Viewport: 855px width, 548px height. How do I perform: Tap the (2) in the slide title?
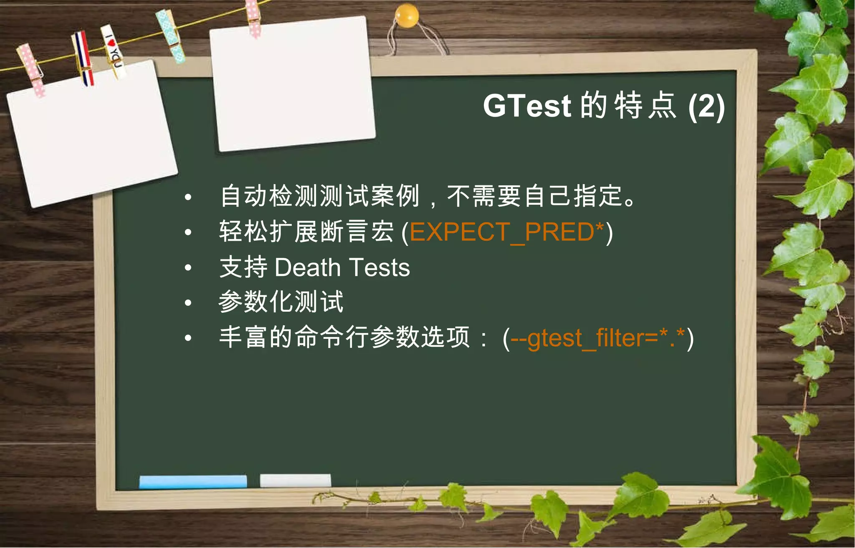click(x=706, y=107)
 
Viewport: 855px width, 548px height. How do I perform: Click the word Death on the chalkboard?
click(x=308, y=267)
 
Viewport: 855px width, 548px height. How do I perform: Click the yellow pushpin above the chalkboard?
click(x=406, y=16)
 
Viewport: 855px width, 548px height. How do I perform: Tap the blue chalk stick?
click(x=193, y=481)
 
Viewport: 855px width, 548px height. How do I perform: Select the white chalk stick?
click(x=295, y=480)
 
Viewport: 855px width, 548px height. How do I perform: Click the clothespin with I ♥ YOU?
click(x=113, y=51)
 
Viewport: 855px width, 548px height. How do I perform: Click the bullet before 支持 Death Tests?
click(x=188, y=267)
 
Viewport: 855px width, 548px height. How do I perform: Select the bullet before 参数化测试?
click(x=188, y=302)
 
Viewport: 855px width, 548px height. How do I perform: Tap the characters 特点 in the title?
click(x=645, y=106)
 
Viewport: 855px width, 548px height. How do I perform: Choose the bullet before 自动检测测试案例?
click(x=188, y=197)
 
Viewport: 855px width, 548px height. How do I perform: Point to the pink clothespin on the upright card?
click(x=253, y=18)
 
